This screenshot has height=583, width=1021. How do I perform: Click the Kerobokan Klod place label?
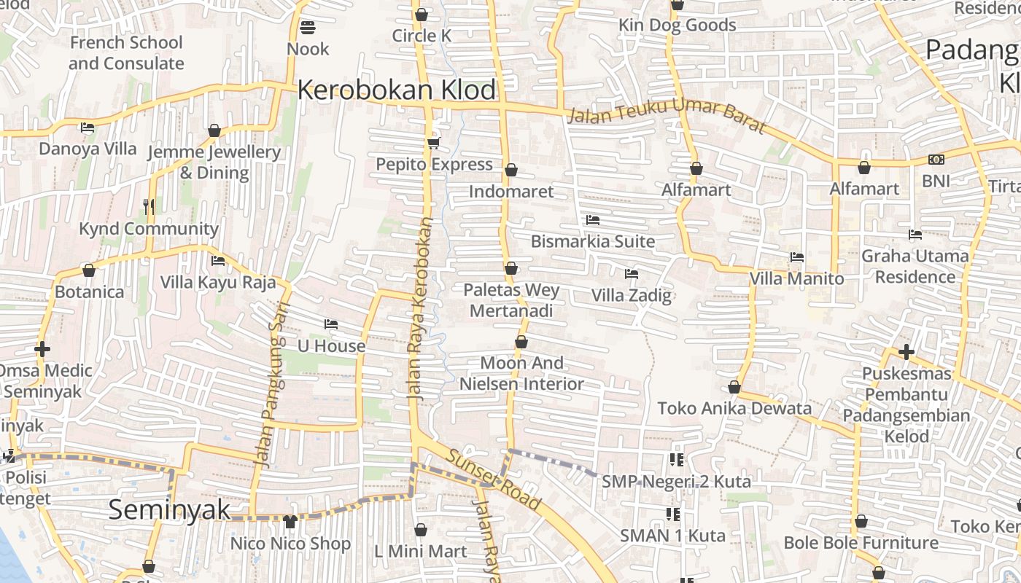click(x=397, y=90)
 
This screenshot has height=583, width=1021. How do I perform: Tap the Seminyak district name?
click(x=169, y=509)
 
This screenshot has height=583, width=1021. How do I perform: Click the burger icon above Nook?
click(x=308, y=28)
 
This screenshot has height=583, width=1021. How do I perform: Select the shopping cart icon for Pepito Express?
click(x=434, y=143)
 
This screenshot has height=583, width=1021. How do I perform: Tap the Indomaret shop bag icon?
click(x=511, y=171)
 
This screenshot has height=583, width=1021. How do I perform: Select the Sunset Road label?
click(x=494, y=479)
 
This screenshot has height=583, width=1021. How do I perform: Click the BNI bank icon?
click(x=936, y=160)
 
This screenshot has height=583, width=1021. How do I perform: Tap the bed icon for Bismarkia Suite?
click(x=593, y=219)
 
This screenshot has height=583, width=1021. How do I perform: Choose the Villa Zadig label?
click(x=631, y=295)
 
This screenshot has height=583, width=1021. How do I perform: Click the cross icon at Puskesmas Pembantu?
click(x=907, y=352)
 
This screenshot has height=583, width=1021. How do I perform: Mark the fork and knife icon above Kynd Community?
click(x=149, y=207)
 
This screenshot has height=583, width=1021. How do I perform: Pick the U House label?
click(x=332, y=346)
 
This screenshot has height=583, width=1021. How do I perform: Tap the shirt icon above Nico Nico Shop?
click(x=290, y=522)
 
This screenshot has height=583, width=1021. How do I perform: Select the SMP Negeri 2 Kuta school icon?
click(x=675, y=459)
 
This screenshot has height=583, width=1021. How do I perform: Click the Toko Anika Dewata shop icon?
click(x=734, y=388)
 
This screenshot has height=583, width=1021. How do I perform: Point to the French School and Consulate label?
click(x=126, y=52)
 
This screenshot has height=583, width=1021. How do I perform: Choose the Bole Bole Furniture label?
click(x=861, y=543)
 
